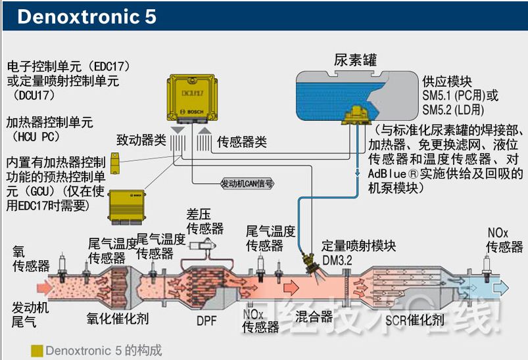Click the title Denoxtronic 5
[x=87, y=16]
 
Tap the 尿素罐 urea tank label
[x=355, y=61]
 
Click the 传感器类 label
[x=242, y=141]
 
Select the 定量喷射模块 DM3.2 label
[x=358, y=252]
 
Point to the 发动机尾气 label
[x=28, y=315]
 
